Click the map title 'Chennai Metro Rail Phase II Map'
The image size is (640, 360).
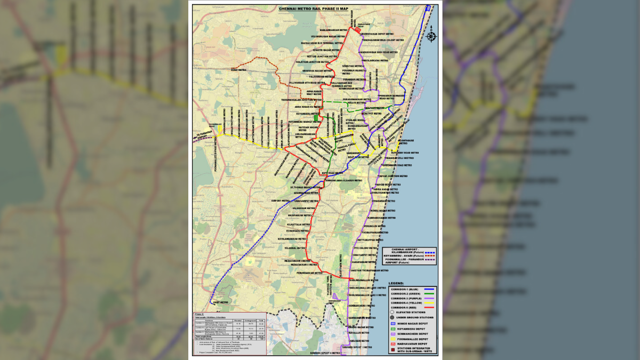(313, 9)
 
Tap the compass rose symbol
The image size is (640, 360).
(431, 36)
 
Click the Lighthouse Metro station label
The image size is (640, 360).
(408, 142)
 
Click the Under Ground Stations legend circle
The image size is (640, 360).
(393, 318)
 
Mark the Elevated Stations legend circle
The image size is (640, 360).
(393, 313)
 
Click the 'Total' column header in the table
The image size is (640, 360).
(261, 320)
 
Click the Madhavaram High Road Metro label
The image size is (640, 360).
(380, 52)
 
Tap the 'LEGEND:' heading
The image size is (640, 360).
(396, 283)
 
